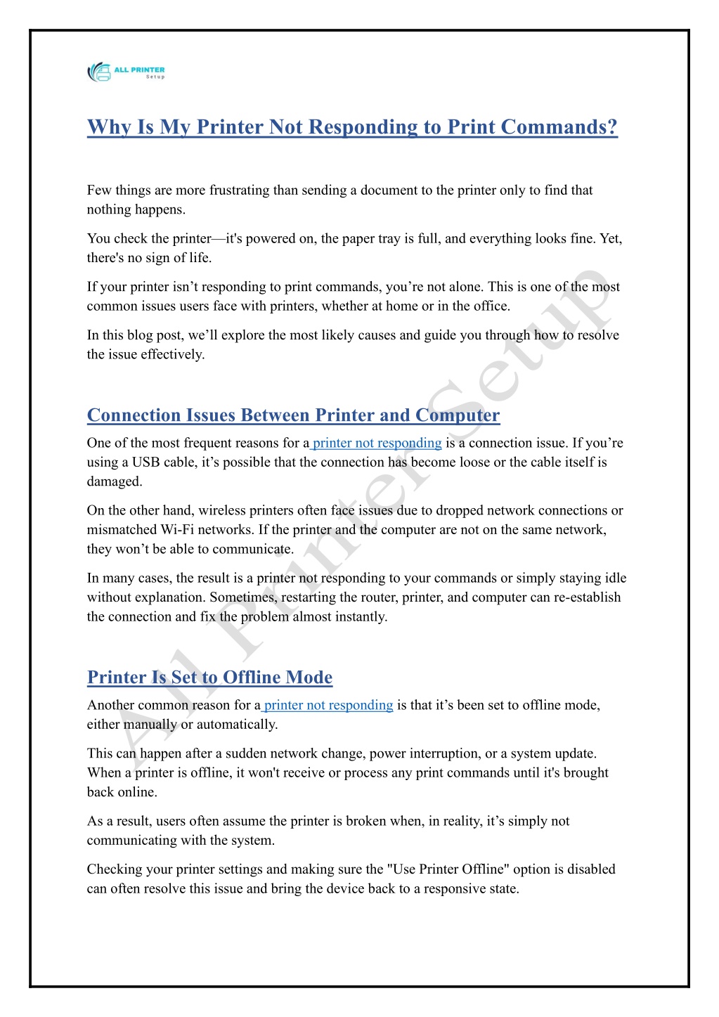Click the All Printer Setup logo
(x=126, y=72)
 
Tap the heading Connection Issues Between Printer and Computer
(x=293, y=415)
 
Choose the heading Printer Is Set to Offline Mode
(x=209, y=678)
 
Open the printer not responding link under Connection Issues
(x=377, y=443)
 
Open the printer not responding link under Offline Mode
(x=328, y=705)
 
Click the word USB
(x=145, y=462)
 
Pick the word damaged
(x=115, y=481)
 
